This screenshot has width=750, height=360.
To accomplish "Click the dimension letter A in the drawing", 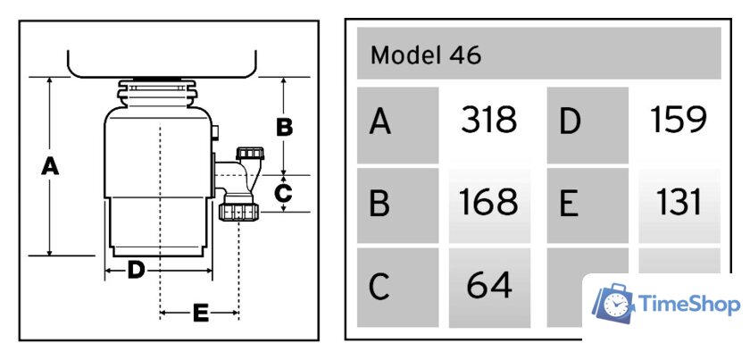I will click(x=50, y=166).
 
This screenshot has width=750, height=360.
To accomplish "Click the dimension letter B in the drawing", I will click(x=284, y=127).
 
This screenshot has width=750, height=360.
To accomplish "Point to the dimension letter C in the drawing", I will click(x=283, y=192).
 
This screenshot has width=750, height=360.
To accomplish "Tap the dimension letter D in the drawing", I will click(x=136, y=269).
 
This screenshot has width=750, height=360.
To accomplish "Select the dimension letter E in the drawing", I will click(x=200, y=313).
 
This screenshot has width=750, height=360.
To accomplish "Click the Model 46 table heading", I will click(x=426, y=55).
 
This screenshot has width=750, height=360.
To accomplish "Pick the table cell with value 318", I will click(x=488, y=121).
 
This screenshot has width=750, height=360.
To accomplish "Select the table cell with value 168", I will click(x=488, y=204).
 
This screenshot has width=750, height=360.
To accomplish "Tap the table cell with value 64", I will click(x=488, y=286).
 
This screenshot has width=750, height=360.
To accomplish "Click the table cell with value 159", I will click(x=679, y=121).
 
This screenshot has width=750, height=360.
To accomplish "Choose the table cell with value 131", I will click(x=679, y=204).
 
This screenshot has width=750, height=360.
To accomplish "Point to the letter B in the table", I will click(x=380, y=205).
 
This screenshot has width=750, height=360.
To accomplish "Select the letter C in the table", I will click(x=380, y=287).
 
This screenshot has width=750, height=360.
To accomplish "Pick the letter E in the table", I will click(x=570, y=205).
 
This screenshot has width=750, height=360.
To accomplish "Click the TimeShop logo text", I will click(x=690, y=306).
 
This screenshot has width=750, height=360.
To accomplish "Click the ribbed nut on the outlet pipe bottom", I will click(x=238, y=211).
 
